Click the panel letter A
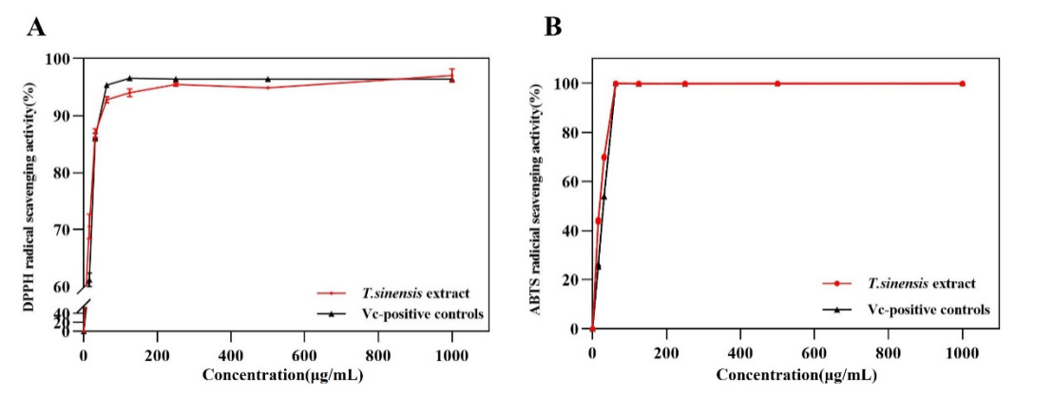click(35, 27)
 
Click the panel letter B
click(552, 27)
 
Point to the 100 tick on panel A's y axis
click(63, 59)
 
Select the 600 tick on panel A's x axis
click(304, 355)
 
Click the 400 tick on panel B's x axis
click(739, 353)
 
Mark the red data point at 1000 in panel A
click(451, 75)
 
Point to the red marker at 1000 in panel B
click(962, 84)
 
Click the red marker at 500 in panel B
click(777, 84)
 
